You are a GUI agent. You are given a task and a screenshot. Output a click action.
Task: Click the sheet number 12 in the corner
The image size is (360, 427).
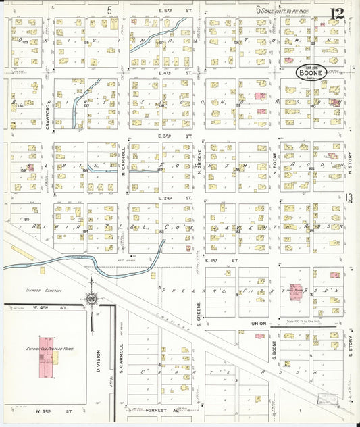[337, 13]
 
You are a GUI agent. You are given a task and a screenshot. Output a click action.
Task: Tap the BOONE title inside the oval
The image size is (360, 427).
[313, 72]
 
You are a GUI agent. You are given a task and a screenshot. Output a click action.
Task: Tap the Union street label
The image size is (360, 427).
[259, 324]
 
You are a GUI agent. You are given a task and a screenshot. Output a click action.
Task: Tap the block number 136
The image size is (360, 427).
[20, 105]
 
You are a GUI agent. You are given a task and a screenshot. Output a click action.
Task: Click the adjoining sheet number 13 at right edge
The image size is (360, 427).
[349, 197]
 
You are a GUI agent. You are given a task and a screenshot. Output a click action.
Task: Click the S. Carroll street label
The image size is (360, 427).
[121, 355]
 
